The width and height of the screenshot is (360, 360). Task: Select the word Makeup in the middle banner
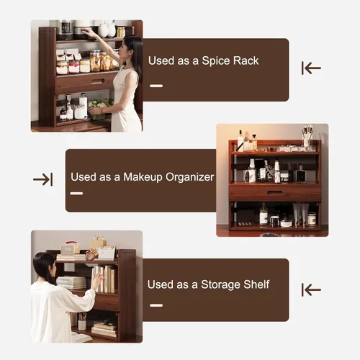pos(143,177)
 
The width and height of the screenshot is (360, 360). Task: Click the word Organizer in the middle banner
pos(190,178)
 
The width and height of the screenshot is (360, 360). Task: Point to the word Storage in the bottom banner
pos(221,285)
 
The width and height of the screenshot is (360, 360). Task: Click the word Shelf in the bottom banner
pos(256,284)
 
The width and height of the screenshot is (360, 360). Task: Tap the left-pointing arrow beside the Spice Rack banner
pos(311,68)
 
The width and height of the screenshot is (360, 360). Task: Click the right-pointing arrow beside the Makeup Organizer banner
pos(43,179)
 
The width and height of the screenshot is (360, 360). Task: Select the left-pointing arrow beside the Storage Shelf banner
pos(311,289)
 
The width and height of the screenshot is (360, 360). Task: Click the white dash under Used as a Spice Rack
pos(156,86)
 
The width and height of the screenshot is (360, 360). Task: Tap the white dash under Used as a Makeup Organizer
pos(76,193)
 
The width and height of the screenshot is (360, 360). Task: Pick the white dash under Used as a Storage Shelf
pos(156,305)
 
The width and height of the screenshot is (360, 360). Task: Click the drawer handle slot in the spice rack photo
pos(98,81)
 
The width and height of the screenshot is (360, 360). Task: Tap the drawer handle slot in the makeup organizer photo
pos(275,193)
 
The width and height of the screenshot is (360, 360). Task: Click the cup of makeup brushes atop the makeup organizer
pos(307,135)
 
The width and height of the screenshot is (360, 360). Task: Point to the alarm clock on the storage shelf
pos(91,255)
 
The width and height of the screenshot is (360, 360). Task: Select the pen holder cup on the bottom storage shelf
pos(82,325)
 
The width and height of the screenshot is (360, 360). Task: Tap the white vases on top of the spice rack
pos(107,30)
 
